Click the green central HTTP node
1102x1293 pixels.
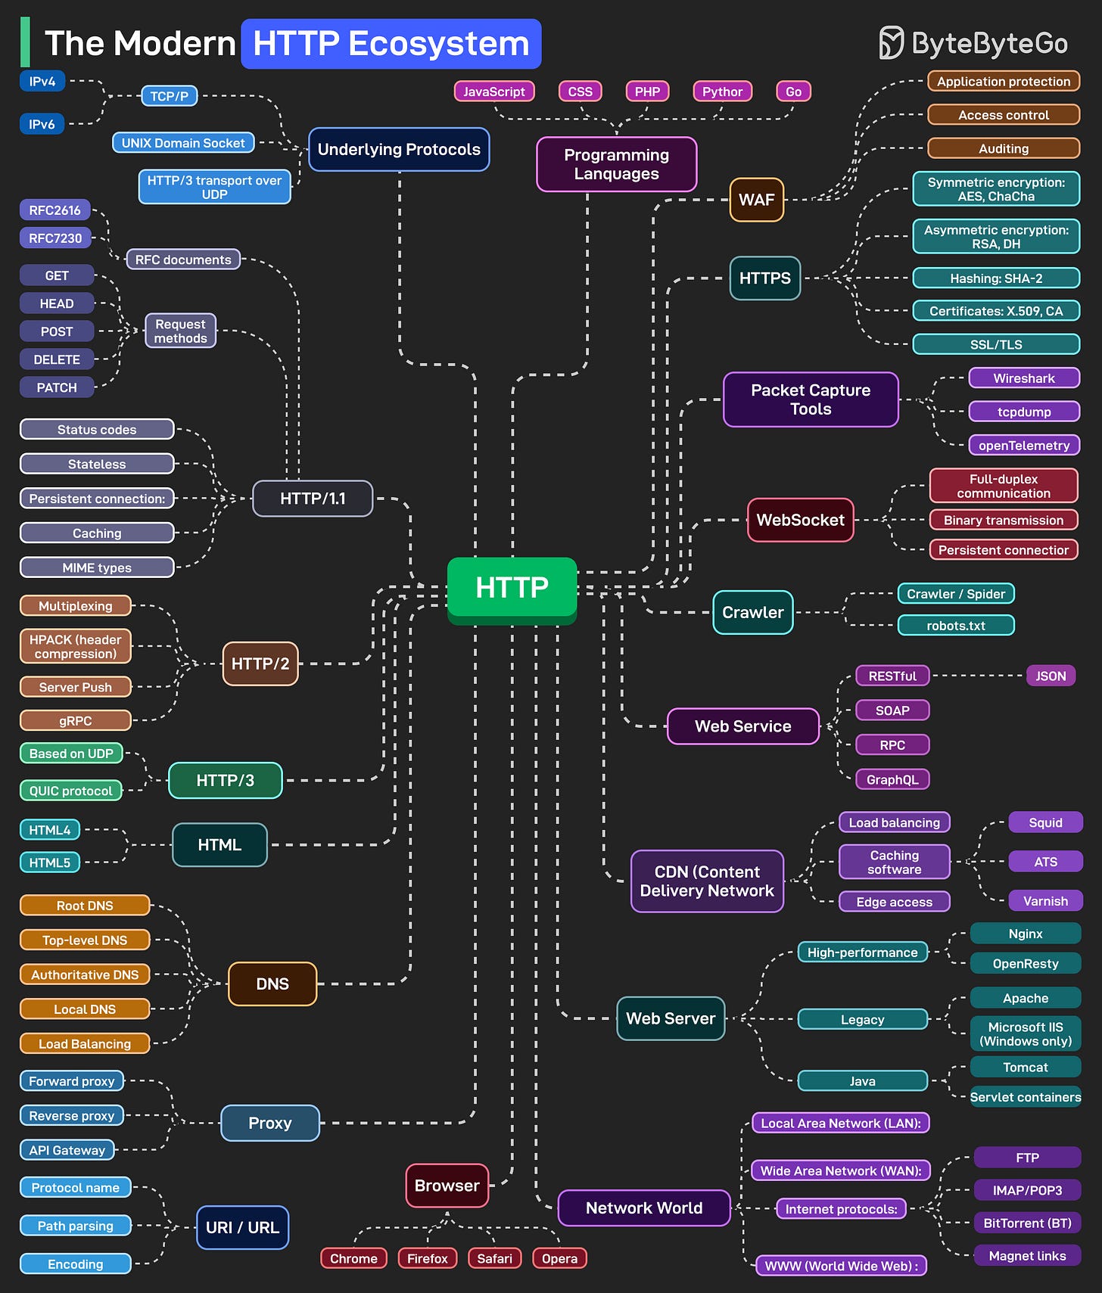coord(512,588)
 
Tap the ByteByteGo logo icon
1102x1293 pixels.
coord(891,42)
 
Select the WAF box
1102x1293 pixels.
coord(756,200)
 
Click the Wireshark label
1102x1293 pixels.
coord(1023,378)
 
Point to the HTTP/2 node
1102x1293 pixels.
coord(260,664)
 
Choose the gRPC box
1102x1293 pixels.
coord(75,720)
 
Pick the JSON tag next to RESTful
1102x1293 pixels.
coord(1050,676)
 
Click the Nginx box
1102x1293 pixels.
coord(1025,934)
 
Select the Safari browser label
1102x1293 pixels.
coord(494,1258)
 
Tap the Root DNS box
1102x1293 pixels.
coord(85,906)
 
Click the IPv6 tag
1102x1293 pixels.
coord(42,124)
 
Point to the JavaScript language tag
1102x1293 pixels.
coord(494,92)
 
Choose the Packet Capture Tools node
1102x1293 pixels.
coord(810,399)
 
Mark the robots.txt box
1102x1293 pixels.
coord(955,626)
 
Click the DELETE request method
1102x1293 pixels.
coord(57,359)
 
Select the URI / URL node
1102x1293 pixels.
coord(242,1227)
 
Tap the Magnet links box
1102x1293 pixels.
coord(1026,1256)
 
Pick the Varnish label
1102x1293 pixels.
coord(1045,901)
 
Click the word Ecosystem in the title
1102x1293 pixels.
coord(438,44)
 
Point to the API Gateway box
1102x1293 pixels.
coord(67,1150)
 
